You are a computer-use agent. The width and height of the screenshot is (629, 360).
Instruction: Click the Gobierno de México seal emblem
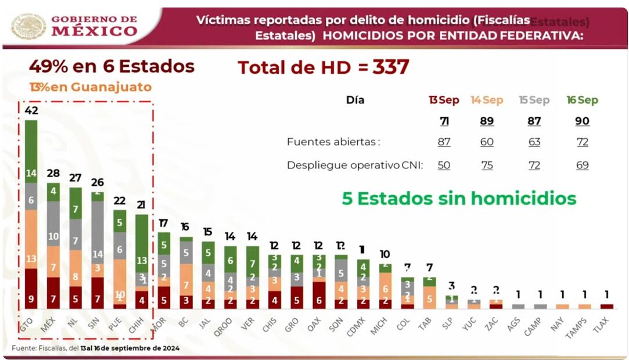pyautogui.click(x=28, y=26)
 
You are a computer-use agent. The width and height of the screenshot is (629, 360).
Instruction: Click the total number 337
pyautogui.click(x=390, y=67)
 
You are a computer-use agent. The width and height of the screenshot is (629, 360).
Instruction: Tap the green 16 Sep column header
pyautogui.click(x=582, y=100)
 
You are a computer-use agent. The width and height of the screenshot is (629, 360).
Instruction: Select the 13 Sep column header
pyautogui.click(x=444, y=100)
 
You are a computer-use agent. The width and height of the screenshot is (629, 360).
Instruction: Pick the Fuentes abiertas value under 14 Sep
pyautogui.click(x=487, y=142)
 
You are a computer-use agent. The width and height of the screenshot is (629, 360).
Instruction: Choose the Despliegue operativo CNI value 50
pyautogui.click(x=444, y=165)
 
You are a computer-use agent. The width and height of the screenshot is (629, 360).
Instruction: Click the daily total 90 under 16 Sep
pyautogui.click(x=582, y=121)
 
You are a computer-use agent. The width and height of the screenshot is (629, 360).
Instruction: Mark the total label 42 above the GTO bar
pyautogui.click(x=31, y=111)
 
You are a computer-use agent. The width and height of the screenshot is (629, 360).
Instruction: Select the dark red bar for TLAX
pyautogui.click(x=606, y=306)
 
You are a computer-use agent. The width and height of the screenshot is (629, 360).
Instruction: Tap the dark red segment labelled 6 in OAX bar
pyautogui.click(x=319, y=295)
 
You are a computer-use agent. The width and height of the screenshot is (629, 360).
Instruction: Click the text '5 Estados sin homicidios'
pyautogui.click(x=459, y=199)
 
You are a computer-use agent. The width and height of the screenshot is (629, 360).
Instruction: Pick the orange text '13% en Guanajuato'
pyautogui.click(x=90, y=88)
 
